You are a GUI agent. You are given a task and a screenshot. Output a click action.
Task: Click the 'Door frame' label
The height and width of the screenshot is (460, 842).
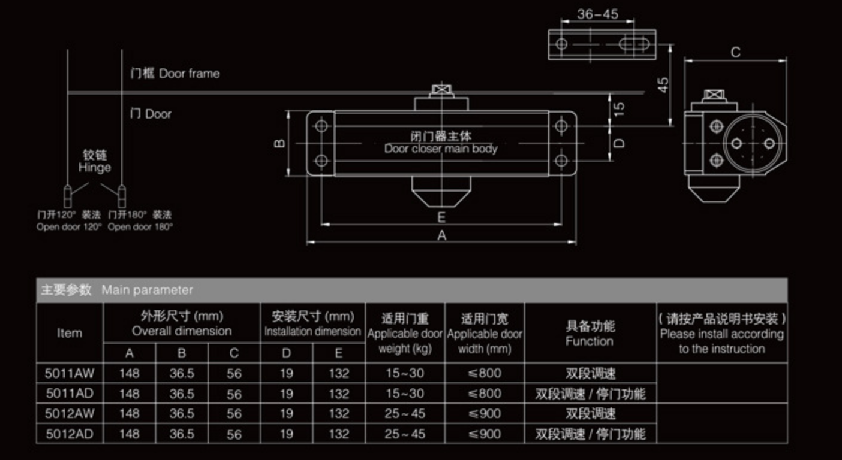(189, 74)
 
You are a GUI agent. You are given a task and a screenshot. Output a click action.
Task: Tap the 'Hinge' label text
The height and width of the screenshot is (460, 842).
(94, 168)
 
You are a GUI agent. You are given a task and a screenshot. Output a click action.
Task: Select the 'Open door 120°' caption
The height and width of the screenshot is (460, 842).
(69, 227)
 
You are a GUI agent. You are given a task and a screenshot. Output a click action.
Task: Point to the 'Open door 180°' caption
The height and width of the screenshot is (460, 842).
(140, 227)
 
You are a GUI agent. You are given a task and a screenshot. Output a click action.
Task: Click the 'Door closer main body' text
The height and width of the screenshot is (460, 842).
(441, 149)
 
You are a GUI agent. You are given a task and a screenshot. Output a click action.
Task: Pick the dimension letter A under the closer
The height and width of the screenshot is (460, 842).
(441, 235)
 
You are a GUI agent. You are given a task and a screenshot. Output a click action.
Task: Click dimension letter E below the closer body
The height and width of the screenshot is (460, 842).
(441, 217)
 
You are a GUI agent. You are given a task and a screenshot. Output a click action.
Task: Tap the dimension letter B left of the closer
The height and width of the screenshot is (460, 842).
(279, 143)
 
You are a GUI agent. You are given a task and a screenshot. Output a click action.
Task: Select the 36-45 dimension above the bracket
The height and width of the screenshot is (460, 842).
(597, 14)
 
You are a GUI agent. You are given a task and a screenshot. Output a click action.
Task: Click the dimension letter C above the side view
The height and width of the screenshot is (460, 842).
(735, 52)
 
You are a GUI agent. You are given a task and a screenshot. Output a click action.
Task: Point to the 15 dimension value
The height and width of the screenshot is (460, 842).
(620, 108)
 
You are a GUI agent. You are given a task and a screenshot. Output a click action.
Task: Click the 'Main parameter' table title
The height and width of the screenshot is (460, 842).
(147, 290)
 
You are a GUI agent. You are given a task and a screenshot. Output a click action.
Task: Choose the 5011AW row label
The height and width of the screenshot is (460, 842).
(70, 373)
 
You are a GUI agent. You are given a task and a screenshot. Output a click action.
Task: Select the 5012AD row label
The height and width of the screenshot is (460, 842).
(70, 434)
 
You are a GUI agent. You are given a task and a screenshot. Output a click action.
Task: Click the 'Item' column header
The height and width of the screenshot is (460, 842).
(70, 333)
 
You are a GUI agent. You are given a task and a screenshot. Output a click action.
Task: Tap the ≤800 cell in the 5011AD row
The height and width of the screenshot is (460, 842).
(485, 394)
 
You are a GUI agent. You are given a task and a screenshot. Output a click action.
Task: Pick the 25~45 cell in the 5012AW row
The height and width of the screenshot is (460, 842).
(405, 413)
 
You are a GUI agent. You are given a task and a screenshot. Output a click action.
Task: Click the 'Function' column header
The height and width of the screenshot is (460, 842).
(590, 341)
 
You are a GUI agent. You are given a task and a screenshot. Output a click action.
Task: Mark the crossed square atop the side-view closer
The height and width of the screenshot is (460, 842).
(714, 95)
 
